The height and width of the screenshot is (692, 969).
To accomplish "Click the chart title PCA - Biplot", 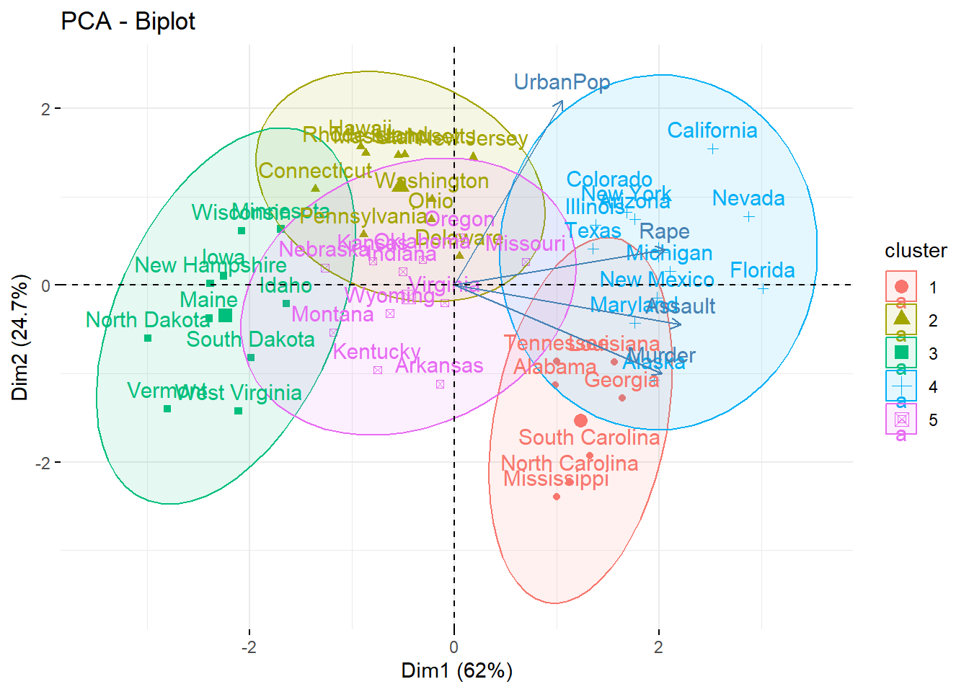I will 128,22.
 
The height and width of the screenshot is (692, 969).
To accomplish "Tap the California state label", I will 712,130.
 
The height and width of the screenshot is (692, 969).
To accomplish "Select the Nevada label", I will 748,198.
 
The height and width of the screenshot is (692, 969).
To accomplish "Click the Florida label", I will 762,270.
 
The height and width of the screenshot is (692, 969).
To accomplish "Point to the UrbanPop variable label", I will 562,82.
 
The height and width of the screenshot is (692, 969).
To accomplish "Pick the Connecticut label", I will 315,171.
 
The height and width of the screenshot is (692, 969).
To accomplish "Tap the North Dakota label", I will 148,320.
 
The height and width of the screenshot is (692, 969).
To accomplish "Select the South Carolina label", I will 589,438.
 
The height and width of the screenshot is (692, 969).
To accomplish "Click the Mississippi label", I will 556,479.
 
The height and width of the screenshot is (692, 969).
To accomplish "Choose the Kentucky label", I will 376,352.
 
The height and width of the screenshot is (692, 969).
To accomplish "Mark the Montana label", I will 332,314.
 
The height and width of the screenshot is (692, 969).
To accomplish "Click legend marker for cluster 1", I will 901,287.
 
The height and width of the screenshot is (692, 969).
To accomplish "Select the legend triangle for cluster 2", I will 901,318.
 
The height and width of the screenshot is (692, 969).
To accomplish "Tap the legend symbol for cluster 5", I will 901,420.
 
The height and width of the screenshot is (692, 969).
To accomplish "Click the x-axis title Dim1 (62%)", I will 457,671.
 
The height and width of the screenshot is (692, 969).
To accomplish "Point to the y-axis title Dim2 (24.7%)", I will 20,337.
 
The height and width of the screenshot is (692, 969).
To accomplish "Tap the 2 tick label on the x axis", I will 658,647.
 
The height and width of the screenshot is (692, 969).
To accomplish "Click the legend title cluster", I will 916,251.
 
